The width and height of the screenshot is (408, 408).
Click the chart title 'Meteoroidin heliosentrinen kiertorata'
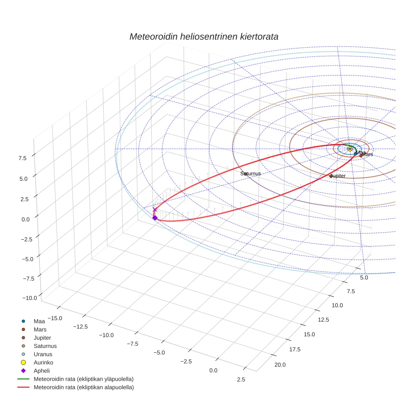[204, 36]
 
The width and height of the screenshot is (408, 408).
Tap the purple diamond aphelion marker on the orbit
[155, 218]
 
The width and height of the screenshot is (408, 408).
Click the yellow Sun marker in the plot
[350, 148]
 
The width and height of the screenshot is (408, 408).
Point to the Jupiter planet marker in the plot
[331, 176]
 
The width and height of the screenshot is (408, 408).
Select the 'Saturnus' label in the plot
[250, 173]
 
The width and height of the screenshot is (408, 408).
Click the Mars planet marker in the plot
[361, 155]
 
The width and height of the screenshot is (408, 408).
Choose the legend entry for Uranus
[43, 354]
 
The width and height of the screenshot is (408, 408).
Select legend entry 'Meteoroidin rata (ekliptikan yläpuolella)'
[83, 379]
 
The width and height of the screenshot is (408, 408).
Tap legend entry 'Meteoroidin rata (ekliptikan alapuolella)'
[83, 387]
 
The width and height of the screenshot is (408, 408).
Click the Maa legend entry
[39, 321]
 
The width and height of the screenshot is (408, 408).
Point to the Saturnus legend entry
[45, 346]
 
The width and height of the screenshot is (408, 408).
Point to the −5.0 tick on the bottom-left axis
[159, 352]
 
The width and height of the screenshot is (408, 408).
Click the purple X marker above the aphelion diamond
[155, 210]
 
